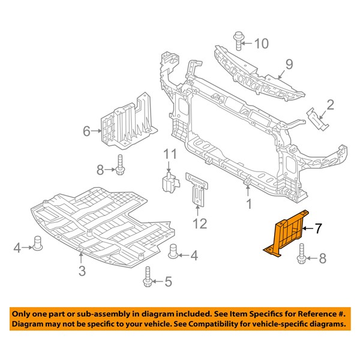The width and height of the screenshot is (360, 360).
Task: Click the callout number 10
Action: coord(262,43)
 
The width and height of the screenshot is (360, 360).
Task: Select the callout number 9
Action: coord(289,64)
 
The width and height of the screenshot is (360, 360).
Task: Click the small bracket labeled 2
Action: coord(317,119)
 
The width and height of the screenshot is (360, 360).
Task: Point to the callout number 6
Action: coord(86,131)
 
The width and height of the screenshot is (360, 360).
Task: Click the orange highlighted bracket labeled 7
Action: coord(286,233)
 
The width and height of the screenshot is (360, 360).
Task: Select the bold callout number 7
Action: coord(319,229)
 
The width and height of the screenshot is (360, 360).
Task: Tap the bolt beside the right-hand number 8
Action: coord(301,254)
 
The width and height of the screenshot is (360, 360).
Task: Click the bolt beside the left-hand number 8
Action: coord(119,164)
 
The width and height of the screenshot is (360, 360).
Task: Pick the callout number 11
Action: coord(170,154)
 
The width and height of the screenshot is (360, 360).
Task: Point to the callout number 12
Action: coord(200,223)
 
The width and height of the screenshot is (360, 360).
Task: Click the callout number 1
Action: coord(249,204)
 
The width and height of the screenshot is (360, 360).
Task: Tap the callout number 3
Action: coord(82,271)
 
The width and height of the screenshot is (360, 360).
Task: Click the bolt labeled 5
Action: coord(148,277)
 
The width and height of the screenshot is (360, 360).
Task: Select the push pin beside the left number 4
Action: coord(38,243)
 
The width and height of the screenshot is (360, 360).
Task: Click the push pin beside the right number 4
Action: coord(173,251)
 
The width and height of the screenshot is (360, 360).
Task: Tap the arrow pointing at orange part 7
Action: coord(308,229)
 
